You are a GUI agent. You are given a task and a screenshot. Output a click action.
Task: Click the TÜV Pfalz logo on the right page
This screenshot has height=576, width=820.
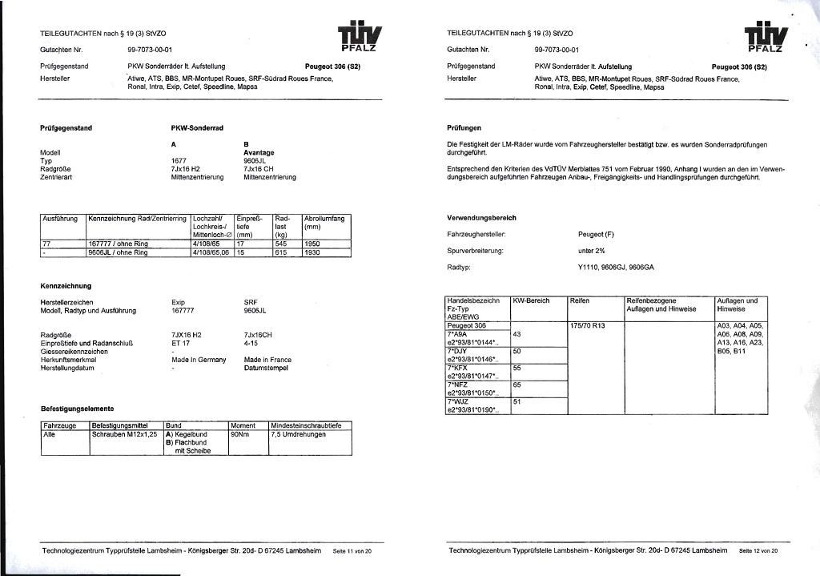(766, 37)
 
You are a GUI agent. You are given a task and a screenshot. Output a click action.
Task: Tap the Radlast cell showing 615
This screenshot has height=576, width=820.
(281, 252)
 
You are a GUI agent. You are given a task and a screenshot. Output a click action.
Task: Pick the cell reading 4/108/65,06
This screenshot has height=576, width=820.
(211, 252)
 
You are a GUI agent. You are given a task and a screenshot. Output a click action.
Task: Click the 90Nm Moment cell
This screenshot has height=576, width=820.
(241, 433)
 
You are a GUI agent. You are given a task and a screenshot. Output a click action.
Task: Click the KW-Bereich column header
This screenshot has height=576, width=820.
(531, 300)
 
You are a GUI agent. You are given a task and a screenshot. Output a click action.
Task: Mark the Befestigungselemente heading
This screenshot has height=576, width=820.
(77, 409)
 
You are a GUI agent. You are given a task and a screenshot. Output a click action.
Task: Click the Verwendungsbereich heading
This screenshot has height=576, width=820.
(481, 218)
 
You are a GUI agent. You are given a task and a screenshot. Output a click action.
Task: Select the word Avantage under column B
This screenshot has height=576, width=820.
(259, 152)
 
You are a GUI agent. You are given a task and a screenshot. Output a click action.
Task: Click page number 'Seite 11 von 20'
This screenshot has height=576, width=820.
(352, 551)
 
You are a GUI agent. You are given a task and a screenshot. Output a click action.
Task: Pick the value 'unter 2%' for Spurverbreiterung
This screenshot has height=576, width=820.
(591, 251)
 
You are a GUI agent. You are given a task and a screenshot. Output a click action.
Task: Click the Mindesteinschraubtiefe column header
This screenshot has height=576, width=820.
(307, 425)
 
